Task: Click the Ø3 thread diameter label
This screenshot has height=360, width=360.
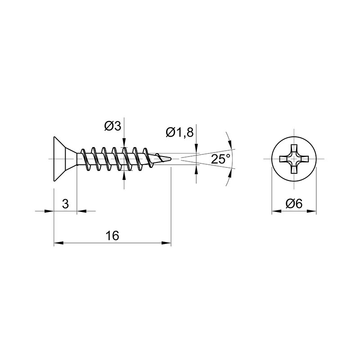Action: [x=112, y=126]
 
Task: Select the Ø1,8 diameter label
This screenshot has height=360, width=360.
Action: [x=180, y=132]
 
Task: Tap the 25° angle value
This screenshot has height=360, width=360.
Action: [x=220, y=159]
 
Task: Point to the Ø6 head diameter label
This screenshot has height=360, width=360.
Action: [x=294, y=204]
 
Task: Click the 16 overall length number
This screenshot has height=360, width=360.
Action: [x=112, y=236]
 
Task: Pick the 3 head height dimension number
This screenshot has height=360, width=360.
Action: [x=65, y=204]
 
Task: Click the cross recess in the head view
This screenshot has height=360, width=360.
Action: [x=294, y=159]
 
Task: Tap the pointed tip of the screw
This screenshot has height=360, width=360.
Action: [x=171, y=159]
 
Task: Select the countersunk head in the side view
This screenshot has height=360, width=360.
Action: [x=65, y=159]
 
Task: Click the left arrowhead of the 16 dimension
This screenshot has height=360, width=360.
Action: [x=58, y=243]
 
